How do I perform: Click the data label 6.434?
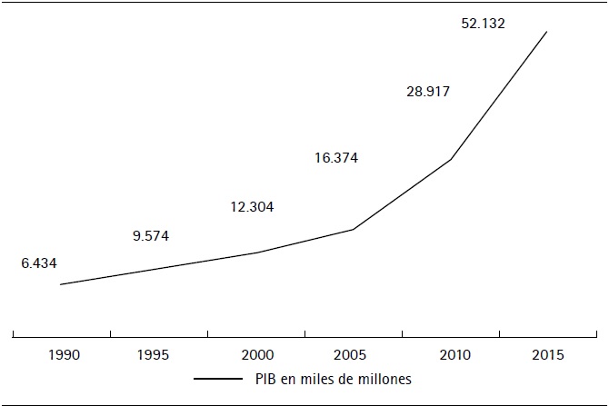point(38,263)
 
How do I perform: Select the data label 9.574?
point(151,236)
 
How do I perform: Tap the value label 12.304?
point(252,207)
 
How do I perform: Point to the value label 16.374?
point(335,158)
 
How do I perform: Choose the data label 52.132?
point(483,24)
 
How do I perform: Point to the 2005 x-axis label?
point(353,355)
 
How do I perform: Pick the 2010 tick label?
point(450,355)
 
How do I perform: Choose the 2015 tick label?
point(547,355)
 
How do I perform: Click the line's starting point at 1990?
point(61,284)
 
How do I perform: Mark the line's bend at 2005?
point(353,229)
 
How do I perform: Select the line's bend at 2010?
point(451,160)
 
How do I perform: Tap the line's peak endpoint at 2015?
point(547,32)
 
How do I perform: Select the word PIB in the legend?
point(265,379)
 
